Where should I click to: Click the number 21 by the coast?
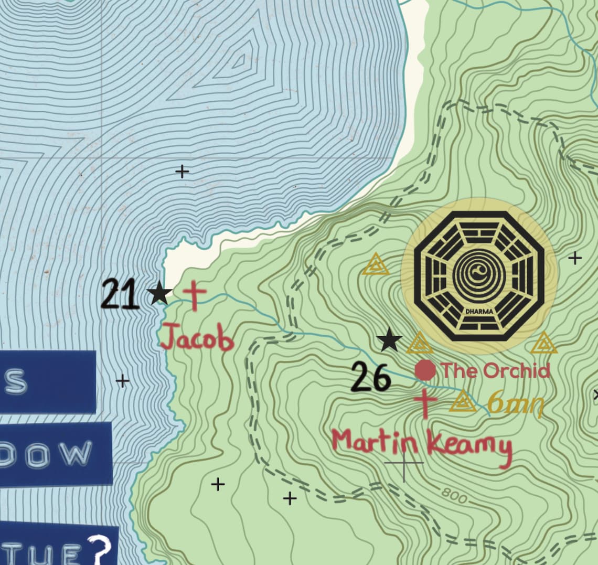[120, 294]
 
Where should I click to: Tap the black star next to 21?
[159, 293]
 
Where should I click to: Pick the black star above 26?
[390, 340]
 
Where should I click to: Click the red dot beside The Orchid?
[425, 370]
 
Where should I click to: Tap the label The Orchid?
[495, 370]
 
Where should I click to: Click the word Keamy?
[469, 447]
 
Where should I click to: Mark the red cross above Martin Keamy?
[425, 403]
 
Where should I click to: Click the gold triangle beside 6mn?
[463, 401]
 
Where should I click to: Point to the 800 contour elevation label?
[453, 495]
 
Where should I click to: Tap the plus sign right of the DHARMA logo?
[575, 258]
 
